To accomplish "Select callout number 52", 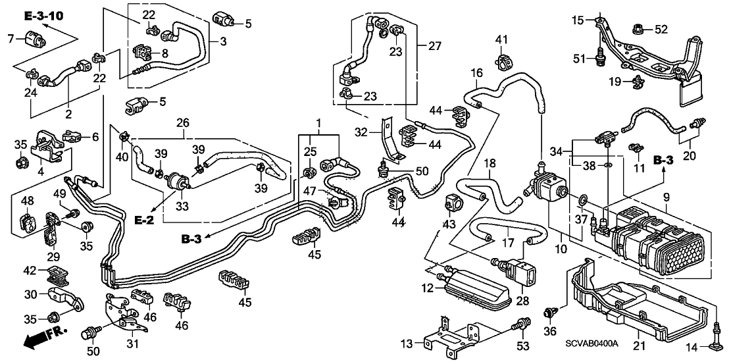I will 661,28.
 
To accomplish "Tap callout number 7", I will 11,39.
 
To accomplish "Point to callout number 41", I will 501,39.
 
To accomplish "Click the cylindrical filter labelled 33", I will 175,180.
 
